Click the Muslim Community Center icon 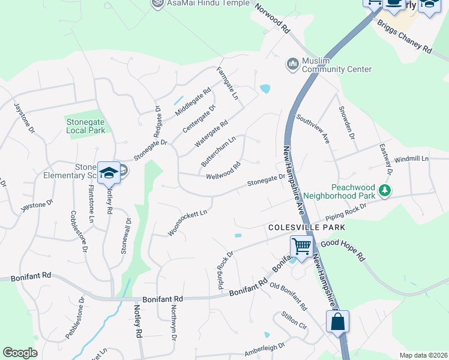(293, 64)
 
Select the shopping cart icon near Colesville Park (301, 245)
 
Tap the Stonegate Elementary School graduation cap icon (109, 173)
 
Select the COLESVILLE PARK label (307, 228)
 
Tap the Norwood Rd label (273, 19)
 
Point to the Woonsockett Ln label (187, 222)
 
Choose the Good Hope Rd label (343, 250)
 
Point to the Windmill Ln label (412, 159)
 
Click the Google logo (20, 353)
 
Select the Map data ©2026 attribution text (423, 355)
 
